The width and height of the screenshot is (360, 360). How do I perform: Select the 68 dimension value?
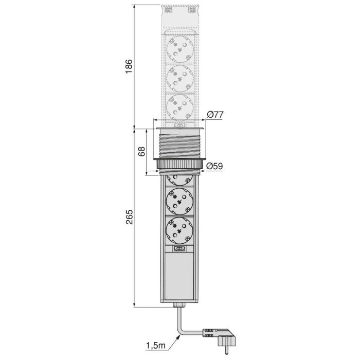click(141, 151)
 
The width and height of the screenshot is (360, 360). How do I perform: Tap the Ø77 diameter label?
click(214, 115)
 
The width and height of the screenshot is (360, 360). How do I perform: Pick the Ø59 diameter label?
click(214, 166)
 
